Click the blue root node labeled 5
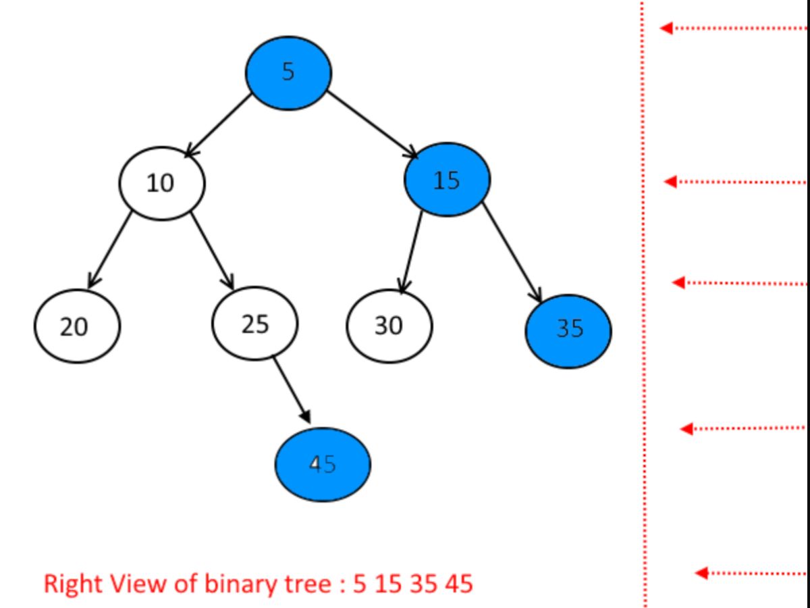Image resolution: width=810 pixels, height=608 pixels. click(288, 72)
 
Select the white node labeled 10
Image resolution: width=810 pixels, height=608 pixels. click(162, 182)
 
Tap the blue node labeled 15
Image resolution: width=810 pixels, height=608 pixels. click(446, 180)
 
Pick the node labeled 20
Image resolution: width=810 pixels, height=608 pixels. click(76, 326)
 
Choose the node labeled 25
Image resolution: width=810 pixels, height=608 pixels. click(254, 324)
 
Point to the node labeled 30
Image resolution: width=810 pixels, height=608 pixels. click(389, 326)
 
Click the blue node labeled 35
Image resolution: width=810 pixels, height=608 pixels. click(568, 330)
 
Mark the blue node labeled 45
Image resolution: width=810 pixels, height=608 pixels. click(323, 465)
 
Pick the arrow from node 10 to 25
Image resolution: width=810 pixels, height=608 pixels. click(212, 250)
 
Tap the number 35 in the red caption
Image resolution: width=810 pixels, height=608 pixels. click(423, 582)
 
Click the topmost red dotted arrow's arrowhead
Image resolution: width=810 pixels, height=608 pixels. click(666, 28)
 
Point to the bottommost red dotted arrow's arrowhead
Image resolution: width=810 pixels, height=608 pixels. click(702, 573)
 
